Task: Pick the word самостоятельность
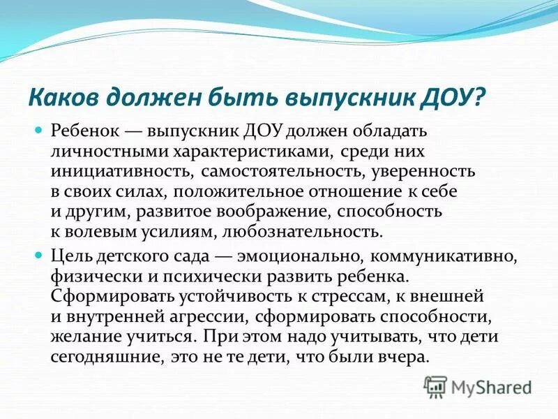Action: [275, 172]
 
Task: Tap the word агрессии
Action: [212, 316]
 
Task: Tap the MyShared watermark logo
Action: [478, 385]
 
